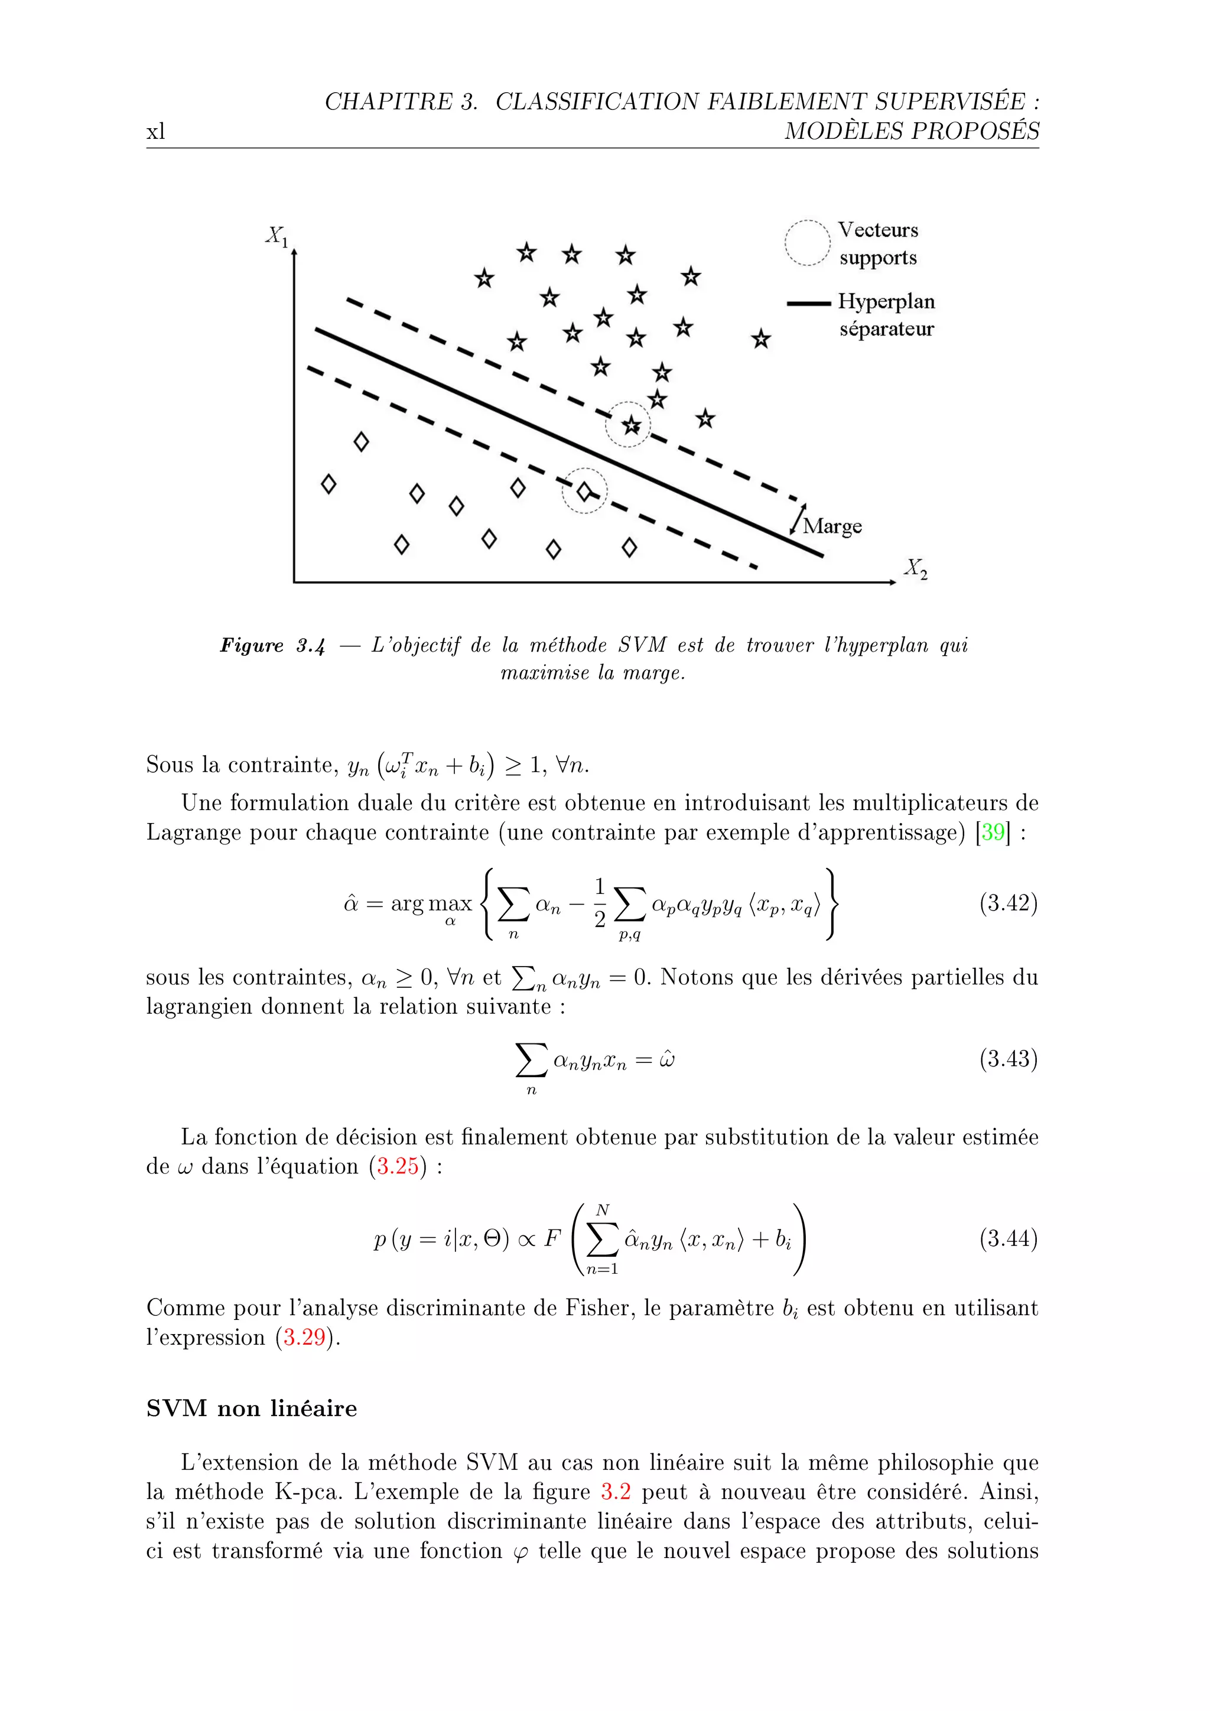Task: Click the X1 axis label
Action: pos(277,236)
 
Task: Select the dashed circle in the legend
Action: pos(807,243)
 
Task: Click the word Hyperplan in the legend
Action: pos(886,302)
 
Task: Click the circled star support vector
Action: pos(631,425)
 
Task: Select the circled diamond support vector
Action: pos(584,491)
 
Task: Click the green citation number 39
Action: pos(993,832)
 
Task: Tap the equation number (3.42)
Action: pos(1008,903)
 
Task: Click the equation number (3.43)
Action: pos(1008,1059)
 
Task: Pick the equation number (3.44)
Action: pos(1008,1238)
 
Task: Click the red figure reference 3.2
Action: pos(616,1492)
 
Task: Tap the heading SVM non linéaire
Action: pos(251,1409)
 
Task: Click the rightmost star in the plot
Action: pos(761,340)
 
